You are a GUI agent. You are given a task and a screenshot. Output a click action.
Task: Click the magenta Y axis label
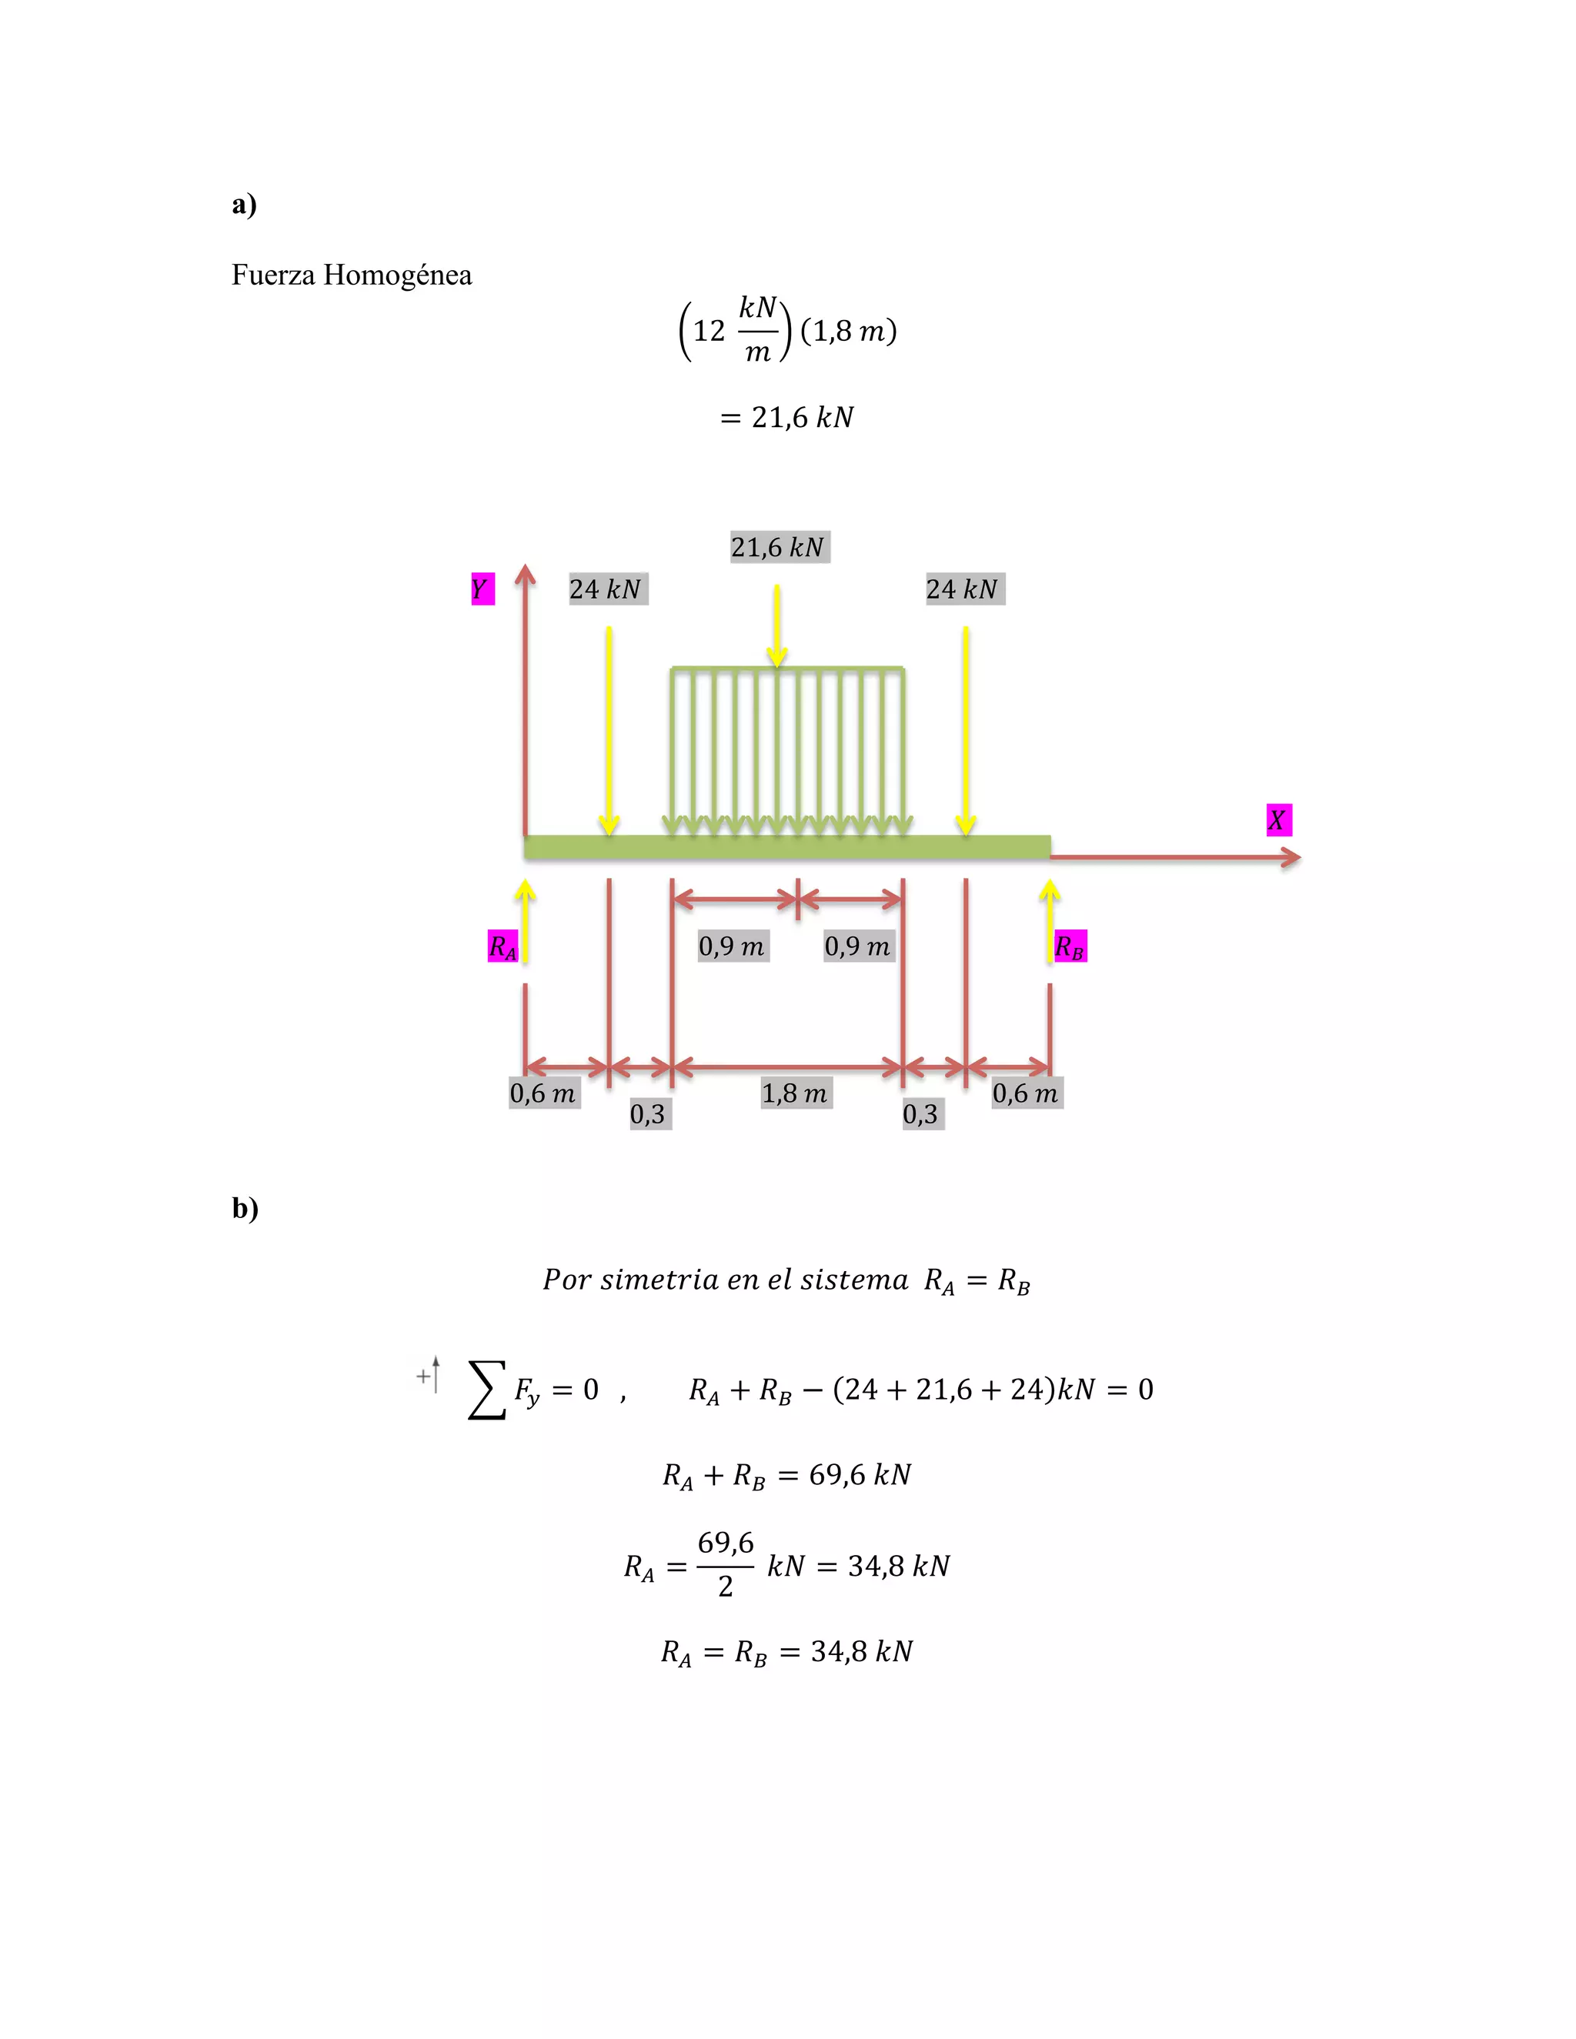click(482, 589)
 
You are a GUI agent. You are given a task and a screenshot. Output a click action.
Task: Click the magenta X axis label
click(1277, 819)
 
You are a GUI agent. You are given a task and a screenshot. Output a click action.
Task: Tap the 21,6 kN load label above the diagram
click(779, 547)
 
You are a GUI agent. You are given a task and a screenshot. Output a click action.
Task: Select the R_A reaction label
click(503, 946)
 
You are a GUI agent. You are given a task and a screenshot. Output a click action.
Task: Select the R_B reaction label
click(1070, 946)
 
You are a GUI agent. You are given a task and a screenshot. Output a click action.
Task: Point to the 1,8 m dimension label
click(794, 1093)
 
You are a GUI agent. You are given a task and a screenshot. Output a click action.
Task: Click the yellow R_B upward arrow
click(1050, 919)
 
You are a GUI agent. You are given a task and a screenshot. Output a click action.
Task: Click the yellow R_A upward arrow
click(526, 919)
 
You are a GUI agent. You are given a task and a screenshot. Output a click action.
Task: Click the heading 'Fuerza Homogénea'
click(351, 275)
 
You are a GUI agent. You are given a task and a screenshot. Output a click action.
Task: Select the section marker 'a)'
click(244, 204)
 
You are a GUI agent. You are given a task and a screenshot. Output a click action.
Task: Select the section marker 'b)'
click(245, 1208)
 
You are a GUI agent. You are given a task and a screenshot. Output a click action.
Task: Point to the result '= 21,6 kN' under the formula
click(787, 417)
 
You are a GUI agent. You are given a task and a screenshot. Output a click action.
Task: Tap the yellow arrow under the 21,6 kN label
click(776, 626)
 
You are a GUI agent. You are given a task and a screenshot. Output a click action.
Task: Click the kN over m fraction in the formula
click(757, 329)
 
